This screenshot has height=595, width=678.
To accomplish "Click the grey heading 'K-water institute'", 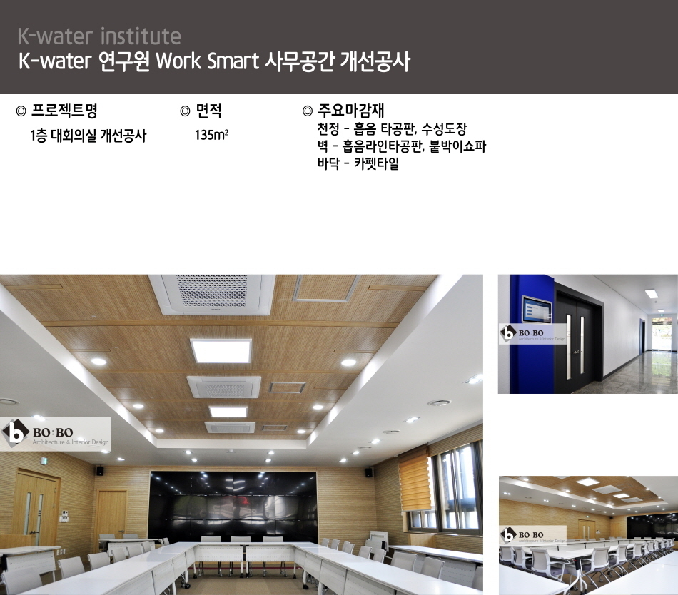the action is tap(99, 36).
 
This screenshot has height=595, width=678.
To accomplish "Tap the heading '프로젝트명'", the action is tap(64, 111).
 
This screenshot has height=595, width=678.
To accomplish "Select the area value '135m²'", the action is tap(211, 135).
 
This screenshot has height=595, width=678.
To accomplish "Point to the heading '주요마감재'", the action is tap(350, 111).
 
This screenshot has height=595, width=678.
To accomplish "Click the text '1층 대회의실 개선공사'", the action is tap(88, 136).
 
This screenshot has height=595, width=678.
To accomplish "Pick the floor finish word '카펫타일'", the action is tap(376, 163).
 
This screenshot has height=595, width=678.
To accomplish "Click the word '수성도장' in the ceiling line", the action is tap(444, 128).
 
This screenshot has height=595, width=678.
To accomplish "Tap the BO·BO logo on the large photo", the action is tap(56, 434).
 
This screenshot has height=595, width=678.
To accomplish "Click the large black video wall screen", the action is tap(233, 504).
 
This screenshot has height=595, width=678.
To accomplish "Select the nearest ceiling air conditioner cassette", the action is tap(212, 294).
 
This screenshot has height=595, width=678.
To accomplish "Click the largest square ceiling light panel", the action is tap(221, 350).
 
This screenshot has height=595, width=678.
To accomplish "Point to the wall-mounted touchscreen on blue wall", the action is tap(537, 310).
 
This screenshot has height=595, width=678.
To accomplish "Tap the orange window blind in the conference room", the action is tap(415, 481).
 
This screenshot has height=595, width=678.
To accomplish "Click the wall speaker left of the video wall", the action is tap(100, 471).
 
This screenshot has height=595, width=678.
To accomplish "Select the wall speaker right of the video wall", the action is tap(369, 472).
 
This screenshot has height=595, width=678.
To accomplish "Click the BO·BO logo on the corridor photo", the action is tap(532, 334).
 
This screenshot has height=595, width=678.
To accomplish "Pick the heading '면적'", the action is tap(209, 111).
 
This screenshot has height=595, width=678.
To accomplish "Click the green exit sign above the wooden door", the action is tap(44, 462).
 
